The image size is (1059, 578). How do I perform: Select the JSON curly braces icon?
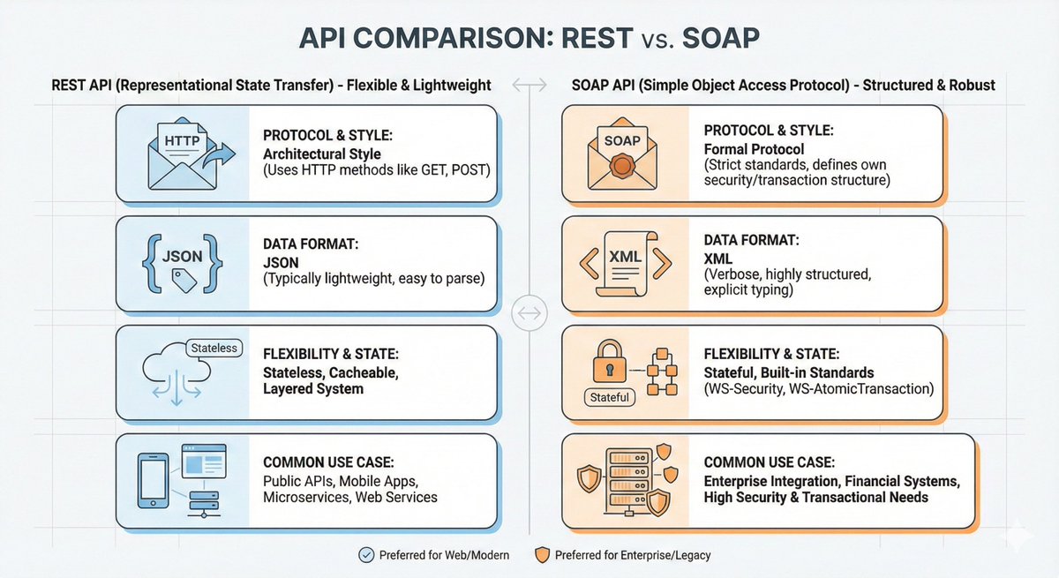(x=184, y=260)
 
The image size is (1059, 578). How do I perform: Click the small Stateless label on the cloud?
(x=214, y=348)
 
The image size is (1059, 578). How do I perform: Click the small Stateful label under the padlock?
(x=609, y=397)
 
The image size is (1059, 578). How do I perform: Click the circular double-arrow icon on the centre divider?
(x=529, y=312)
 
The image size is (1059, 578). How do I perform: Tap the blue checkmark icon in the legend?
(x=365, y=555)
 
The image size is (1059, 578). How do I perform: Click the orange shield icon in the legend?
(x=540, y=555)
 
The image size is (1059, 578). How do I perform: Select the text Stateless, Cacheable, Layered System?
(x=331, y=380)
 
